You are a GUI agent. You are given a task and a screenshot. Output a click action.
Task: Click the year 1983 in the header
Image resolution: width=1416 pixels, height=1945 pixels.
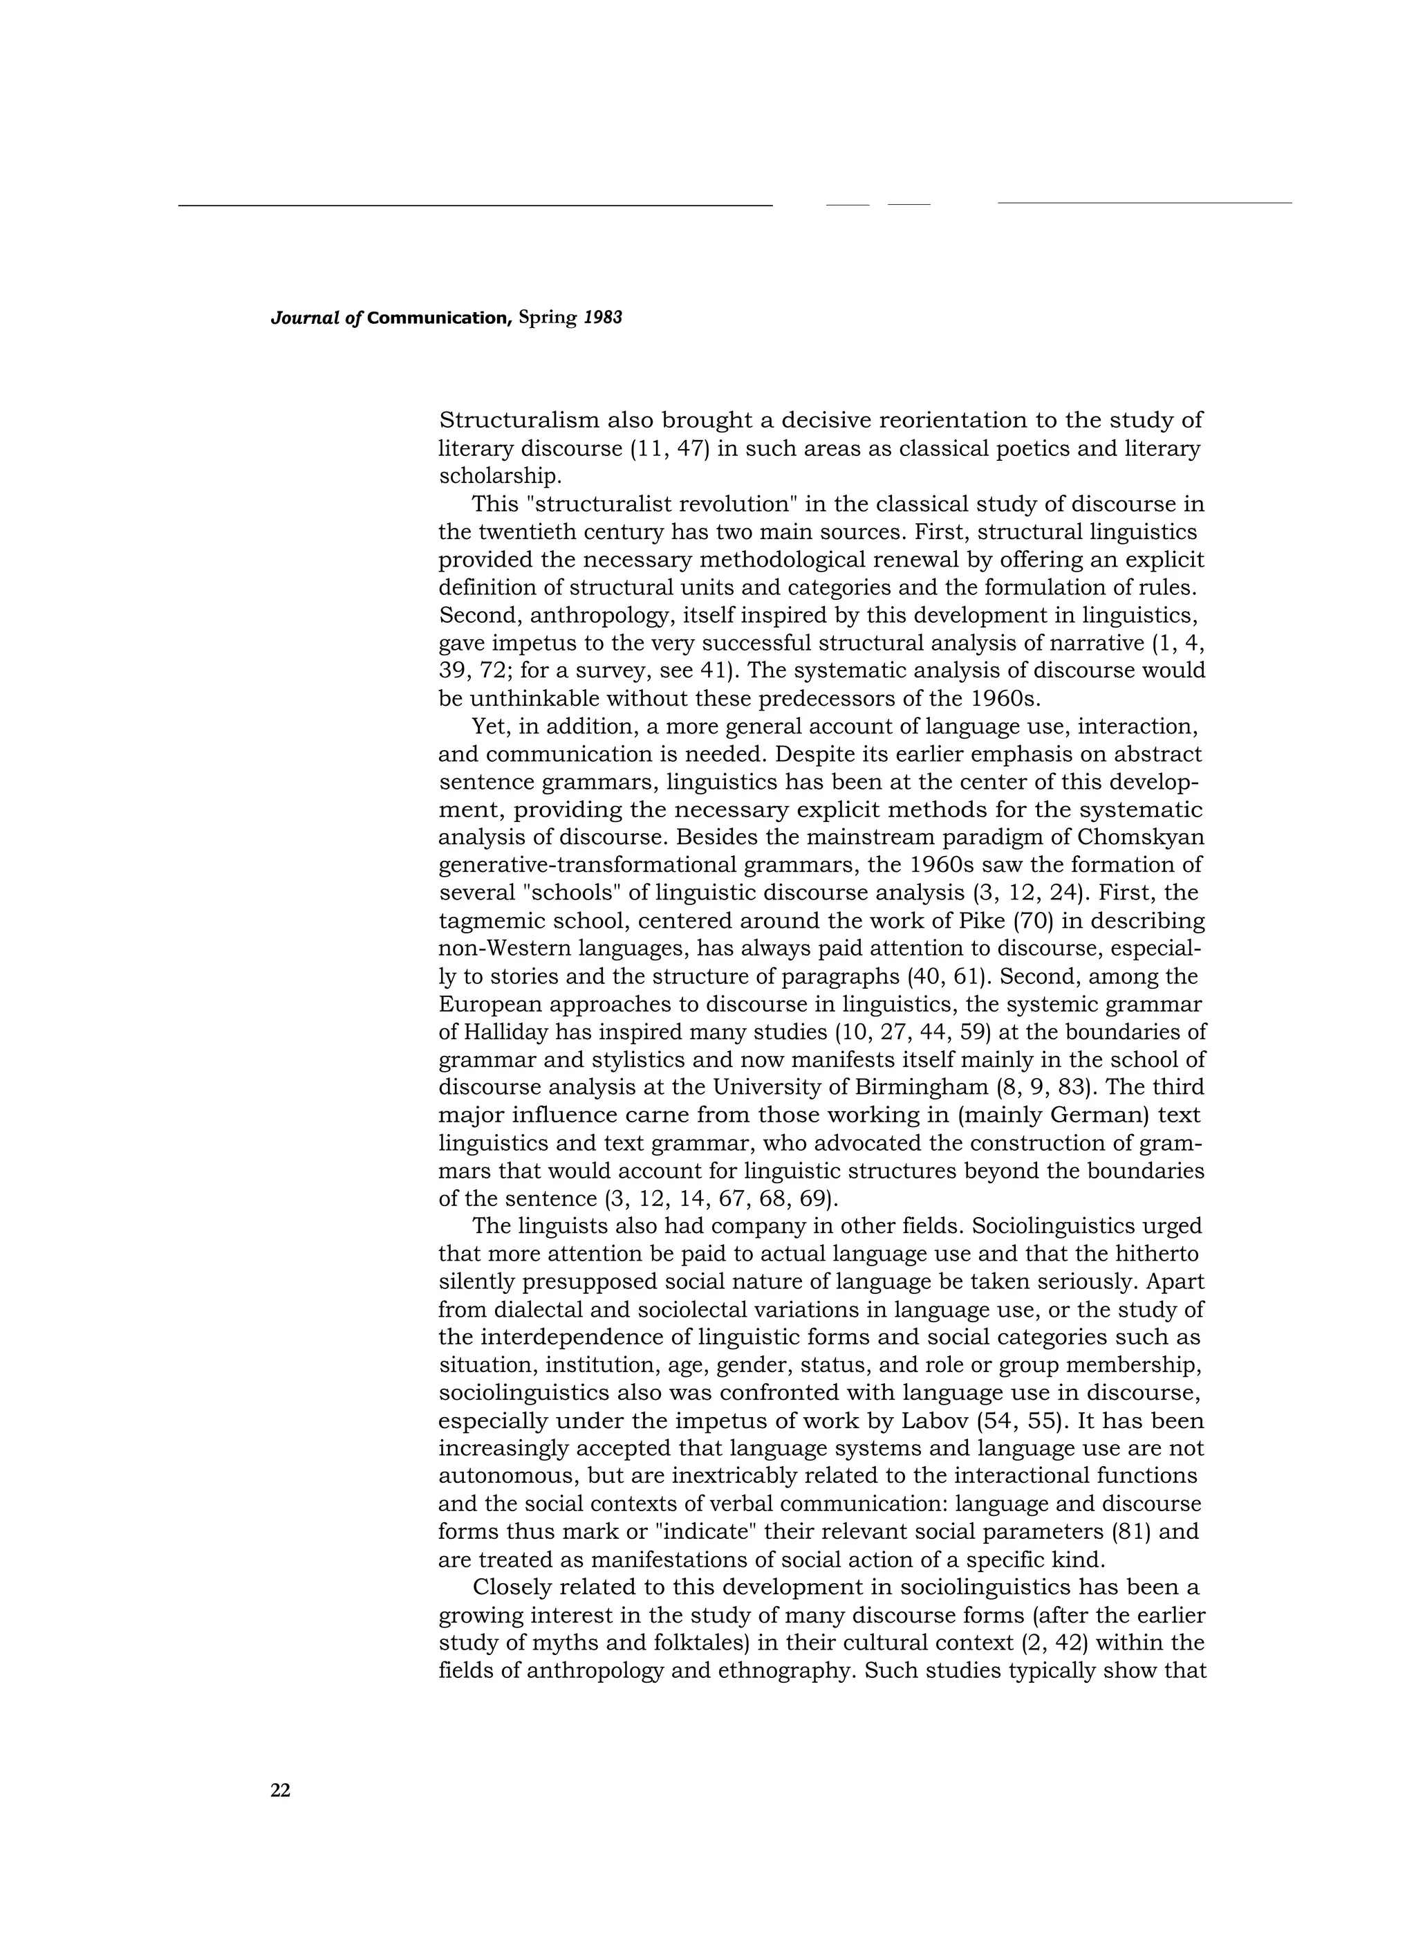click(x=603, y=318)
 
